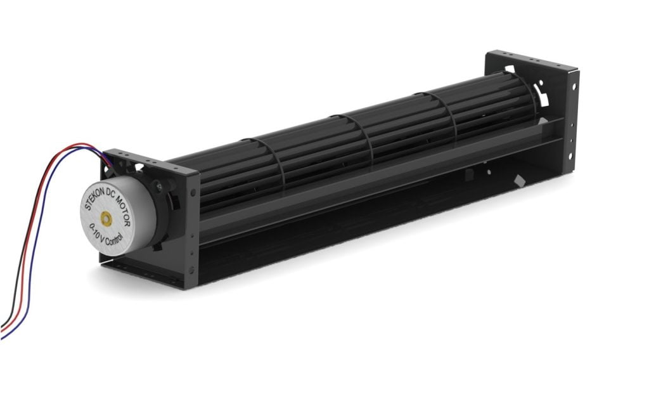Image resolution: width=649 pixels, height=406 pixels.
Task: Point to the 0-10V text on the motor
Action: point(94,231)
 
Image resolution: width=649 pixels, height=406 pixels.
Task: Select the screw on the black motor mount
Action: point(159,187)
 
